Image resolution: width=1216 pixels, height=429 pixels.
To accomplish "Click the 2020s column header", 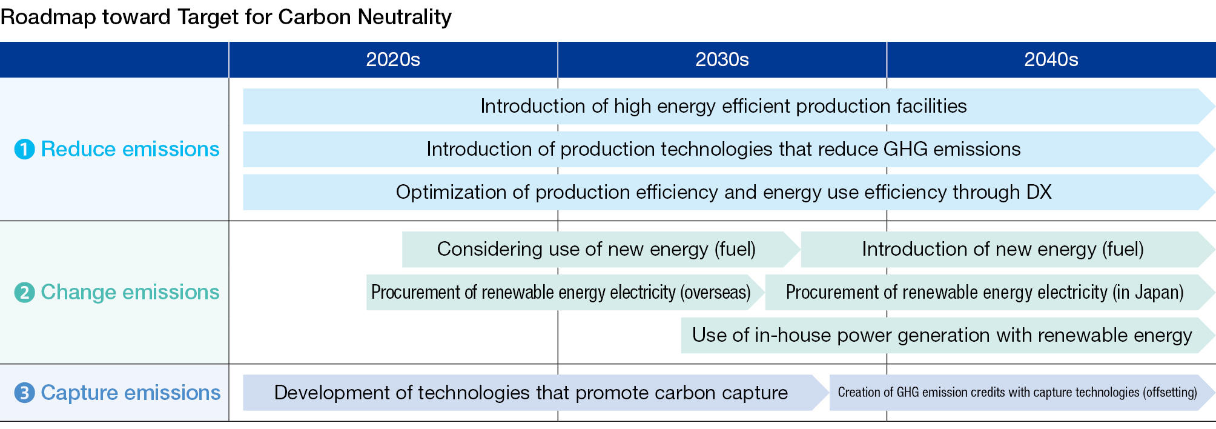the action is (x=393, y=59).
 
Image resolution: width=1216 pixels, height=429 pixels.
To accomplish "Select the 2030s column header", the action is (x=722, y=59).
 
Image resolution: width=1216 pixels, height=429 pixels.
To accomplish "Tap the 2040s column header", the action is (x=1051, y=59).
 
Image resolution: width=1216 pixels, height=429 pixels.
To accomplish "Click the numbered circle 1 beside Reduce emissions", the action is (x=25, y=149).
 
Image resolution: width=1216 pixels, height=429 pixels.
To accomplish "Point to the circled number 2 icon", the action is (x=25, y=292).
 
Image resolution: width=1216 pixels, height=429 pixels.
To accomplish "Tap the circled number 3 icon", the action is (x=25, y=393).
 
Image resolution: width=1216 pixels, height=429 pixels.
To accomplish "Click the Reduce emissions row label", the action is (x=130, y=149).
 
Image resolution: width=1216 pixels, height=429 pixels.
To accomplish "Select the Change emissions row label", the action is (x=130, y=292).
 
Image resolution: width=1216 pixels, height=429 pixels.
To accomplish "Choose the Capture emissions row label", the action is (x=131, y=393).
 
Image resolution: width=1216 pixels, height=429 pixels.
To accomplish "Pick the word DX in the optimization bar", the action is (x=1039, y=192).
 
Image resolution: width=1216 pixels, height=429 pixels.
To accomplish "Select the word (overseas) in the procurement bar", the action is (x=715, y=293).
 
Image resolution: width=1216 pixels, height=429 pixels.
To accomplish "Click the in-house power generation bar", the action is (x=948, y=335).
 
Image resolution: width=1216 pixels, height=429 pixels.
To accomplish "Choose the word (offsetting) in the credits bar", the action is (x=1169, y=393).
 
